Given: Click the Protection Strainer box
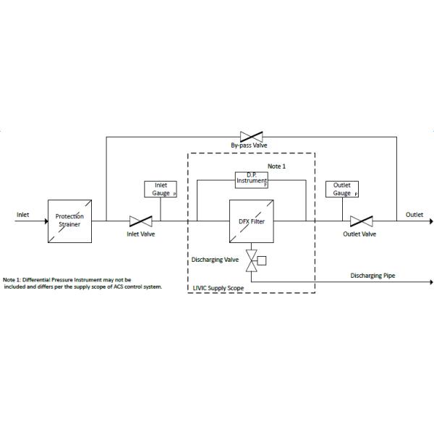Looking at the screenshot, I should tap(70, 220).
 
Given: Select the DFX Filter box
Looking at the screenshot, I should tap(252, 221).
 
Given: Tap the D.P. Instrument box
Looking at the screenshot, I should tap(252, 179).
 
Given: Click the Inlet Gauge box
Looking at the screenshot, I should tap(161, 189).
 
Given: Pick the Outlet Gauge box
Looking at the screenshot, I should tap(342, 189).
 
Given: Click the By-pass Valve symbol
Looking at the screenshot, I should tap(252, 135).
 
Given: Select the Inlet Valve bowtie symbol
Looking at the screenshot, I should tap(140, 221).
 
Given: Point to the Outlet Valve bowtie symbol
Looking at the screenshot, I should tap(360, 221).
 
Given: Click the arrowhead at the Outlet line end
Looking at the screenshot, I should tap(430, 221).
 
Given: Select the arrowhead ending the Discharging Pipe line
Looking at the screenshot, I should tap(430, 282).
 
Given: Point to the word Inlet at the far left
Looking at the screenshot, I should tap(23, 214).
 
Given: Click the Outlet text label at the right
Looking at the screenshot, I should tap(414, 214).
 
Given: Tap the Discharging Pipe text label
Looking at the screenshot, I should tap(373, 276).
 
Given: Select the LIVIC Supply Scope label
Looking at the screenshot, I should tap(218, 288).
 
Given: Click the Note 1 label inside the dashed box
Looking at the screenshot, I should tap(276, 166).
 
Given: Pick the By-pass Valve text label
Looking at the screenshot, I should tap(249, 145).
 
